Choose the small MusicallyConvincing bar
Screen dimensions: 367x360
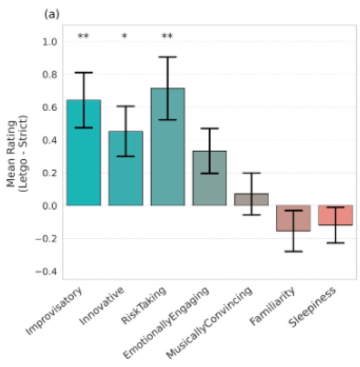pos(251,199)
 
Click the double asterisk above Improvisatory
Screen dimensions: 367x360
pos(84,36)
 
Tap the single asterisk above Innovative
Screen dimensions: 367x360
pos(125,36)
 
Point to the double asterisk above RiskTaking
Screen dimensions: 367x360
pos(167,36)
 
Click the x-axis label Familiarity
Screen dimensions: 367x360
pos(273,307)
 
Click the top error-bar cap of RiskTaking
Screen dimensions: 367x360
pos(167,57)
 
